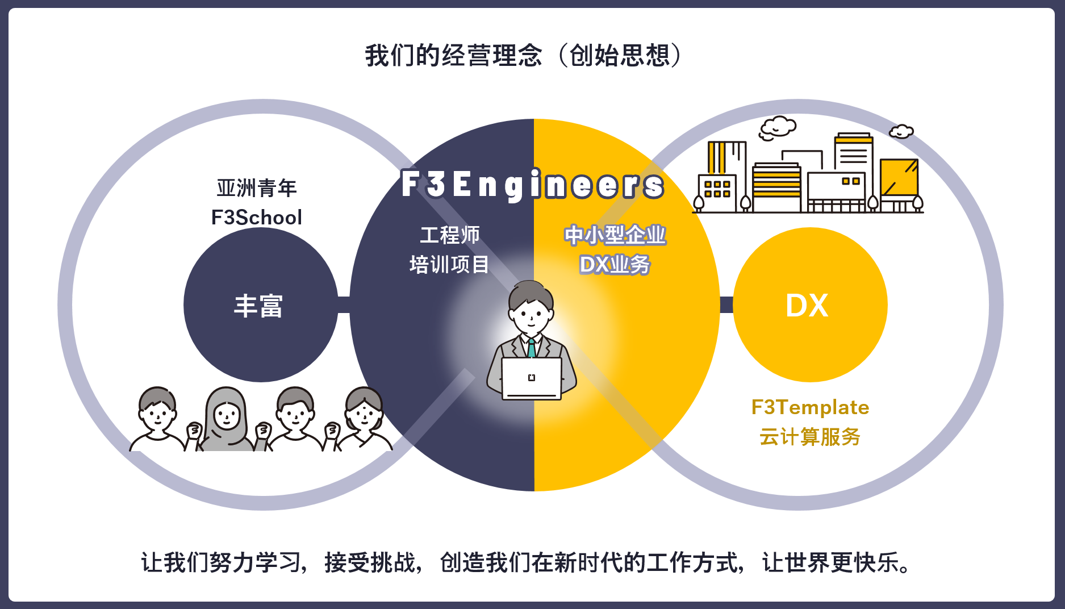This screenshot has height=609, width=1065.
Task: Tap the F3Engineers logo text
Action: tap(532, 184)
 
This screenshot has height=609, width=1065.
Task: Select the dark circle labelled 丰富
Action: tap(260, 305)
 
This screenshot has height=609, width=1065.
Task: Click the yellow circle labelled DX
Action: tap(809, 305)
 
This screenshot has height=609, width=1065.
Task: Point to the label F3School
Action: tap(256, 218)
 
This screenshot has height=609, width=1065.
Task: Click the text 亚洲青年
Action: tap(256, 188)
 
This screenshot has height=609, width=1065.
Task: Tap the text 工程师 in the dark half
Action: tap(449, 235)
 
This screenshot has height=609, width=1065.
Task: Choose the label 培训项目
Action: tap(449, 264)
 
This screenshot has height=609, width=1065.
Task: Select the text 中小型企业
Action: tap(615, 235)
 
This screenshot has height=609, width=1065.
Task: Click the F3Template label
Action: tap(810, 407)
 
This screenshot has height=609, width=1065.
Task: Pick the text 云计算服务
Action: tap(810, 437)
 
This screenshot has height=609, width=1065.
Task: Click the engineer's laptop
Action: tap(531, 378)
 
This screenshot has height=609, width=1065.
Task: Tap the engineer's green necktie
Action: tap(532, 348)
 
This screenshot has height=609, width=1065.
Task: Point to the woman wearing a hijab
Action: tap(226, 420)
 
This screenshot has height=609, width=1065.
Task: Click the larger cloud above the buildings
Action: tap(778, 128)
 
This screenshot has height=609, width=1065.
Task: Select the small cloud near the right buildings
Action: tap(901, 132)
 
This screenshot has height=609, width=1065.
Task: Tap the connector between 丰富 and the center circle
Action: tap(344, 304)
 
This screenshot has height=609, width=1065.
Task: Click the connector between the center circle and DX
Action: tap(726, 304)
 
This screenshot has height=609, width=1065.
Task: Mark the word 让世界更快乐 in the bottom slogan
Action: tap(835, 563)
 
